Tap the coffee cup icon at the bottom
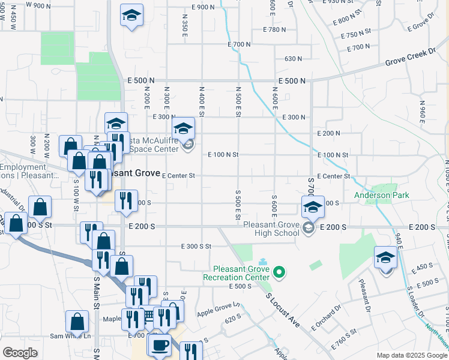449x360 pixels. click(160, 345)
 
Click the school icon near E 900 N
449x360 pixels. click(131, 16)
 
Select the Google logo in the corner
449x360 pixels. click(20, 353)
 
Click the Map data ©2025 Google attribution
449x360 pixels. click(412, 355)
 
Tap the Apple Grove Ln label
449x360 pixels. click(218, 310)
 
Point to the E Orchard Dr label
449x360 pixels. click(326, 318)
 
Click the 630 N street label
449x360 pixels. click(293, 59)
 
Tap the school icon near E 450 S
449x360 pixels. click(385, 257)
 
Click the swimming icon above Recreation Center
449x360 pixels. click(263, 262)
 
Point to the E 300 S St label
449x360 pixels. click(197, 246)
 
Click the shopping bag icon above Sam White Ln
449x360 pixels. click(77, 322)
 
